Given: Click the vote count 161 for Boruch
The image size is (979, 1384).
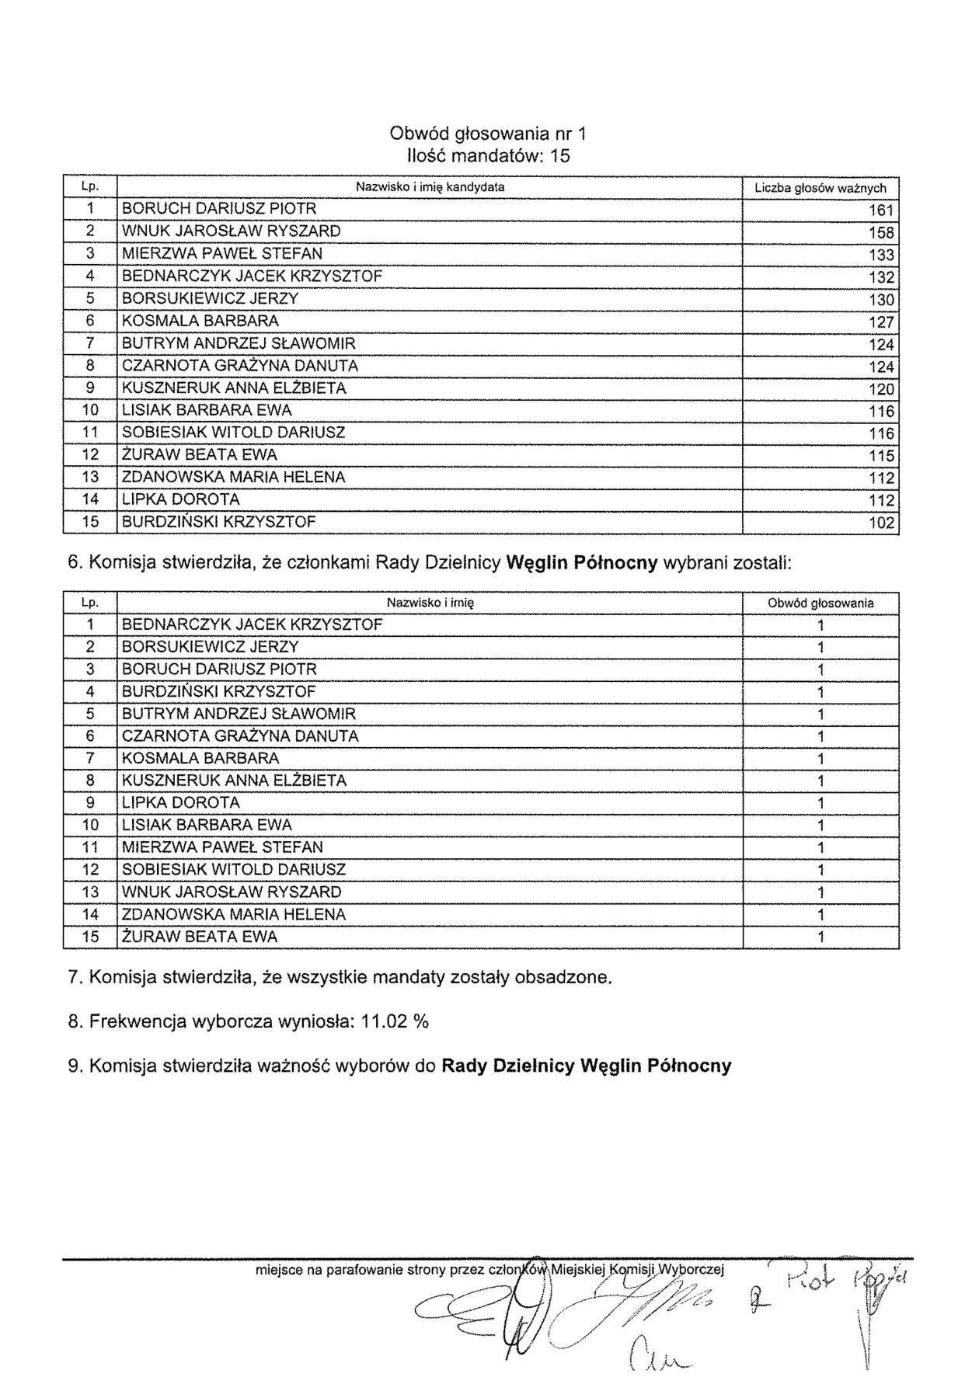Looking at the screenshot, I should (x=882, y=210).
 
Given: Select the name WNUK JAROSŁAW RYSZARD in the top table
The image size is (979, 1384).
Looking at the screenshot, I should (x=231, y=231).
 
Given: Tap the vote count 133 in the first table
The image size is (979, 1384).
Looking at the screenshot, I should (x=882, y=255).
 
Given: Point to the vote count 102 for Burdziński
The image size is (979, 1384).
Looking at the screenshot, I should (x=882, y=523).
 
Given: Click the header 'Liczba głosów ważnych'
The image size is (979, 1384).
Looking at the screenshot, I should (x=820, y=188).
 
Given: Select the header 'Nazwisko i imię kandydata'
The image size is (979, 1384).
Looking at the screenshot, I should (x=430, y=187).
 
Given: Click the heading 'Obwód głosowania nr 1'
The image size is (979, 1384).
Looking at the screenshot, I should (x=488, y=134).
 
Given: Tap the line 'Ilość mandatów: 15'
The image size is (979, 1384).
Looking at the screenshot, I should (x=488, y=156).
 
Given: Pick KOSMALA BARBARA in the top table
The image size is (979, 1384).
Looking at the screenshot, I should (x=200, y=321).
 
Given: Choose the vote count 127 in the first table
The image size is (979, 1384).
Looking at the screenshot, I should (x=882, y=322).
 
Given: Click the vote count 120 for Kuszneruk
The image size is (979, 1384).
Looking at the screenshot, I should (x=882, y=389).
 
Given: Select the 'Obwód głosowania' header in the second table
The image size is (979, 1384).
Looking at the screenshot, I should (x=820, y=603).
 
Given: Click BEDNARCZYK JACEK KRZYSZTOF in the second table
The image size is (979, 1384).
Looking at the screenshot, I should (x=252, y=624).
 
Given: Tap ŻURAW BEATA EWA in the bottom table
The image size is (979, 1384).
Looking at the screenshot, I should (x=199, y=937).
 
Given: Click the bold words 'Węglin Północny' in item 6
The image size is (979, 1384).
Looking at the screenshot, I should (x=582, y=563).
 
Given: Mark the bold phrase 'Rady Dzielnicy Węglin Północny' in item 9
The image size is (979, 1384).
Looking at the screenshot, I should (x=586, y=1066).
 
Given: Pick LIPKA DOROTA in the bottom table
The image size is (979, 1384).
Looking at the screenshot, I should (x=180, y=802).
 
